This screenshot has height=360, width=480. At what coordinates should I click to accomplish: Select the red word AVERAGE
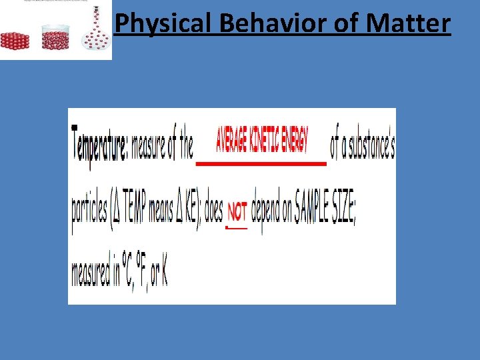[231, 141]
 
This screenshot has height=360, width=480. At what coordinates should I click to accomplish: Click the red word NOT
[237, 212]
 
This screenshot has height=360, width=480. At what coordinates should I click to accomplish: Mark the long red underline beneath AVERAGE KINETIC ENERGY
[261, 163]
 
